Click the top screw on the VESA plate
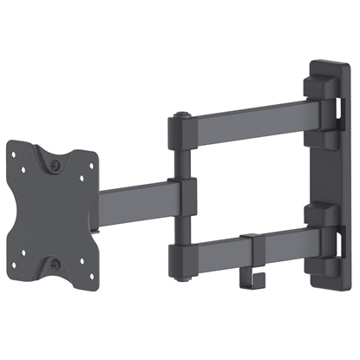click(56, 161)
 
